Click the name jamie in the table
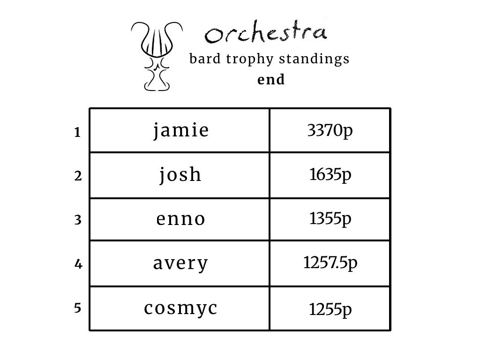click(x=181, y=130)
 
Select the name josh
click(x=180, y=175)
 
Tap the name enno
click(x=180, y=219)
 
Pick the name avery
click(x=180, y=263)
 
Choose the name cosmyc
click(x=180, y=308)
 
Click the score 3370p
click(x=330, y=131)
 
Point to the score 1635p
click(x=330, y=175)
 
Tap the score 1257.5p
click(x=330, y=263)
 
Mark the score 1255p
click(x=330, y=309)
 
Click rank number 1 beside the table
click(x=77, y=133)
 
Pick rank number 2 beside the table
click(x=78, y=176)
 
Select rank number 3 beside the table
click(x=78, y=220)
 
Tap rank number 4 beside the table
click(x=78, y=264)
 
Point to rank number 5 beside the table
click(x=78, y=308)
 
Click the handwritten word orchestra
click(x=266, y=33)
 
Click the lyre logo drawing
click(x=157, y=55)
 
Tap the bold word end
click(x=271, y=80)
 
